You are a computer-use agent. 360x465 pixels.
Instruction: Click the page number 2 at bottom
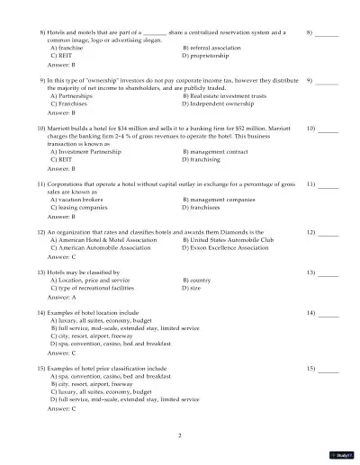tap(180, 435)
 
